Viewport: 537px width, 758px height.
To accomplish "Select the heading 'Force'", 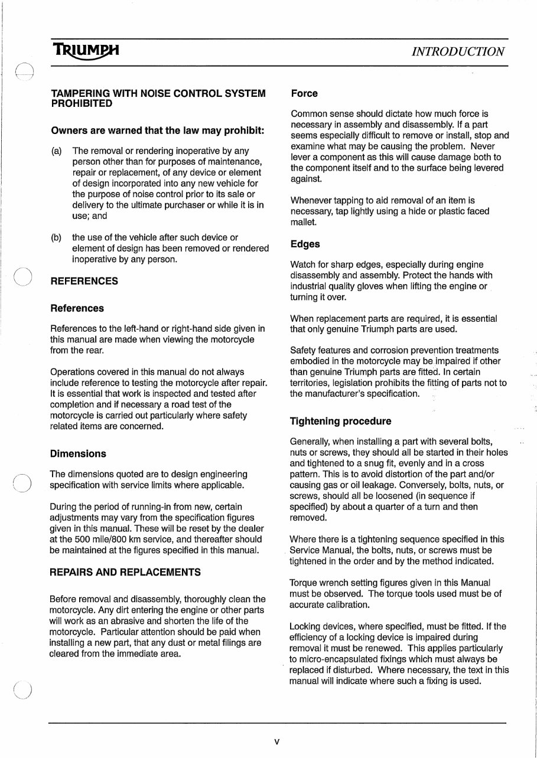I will coord(304,93).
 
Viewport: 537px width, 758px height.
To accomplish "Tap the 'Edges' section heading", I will coord(305,244).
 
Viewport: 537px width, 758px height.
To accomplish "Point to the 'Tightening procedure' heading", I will coord(340,422).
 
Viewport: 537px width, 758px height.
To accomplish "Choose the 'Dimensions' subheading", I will coord(79,454).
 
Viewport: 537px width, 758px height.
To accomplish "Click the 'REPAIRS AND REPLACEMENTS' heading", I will coord(125,572).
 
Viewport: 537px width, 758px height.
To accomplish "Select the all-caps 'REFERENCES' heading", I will coord(84,282).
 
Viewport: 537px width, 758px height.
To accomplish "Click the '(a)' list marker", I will coord(57,151).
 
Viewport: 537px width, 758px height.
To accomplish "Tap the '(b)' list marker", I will coord(57,237).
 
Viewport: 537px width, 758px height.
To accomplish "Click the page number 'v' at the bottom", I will coord(276,741).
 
